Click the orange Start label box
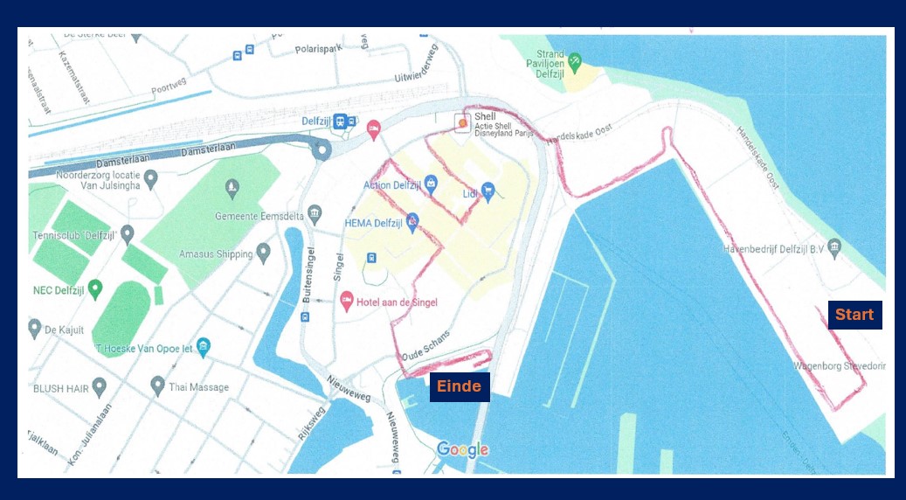[854, 315]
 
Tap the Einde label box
[459, 386]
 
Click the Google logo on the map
[462, 450]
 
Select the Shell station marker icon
[462, 123]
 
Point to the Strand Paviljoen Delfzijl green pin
[574, 62]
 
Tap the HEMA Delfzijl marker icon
[412, 222]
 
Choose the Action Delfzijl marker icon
[431, 184]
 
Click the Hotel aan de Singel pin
[346, 302]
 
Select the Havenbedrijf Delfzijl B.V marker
[834, 248]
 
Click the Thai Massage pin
[157, 385]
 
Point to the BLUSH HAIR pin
[99, 385]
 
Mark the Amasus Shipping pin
[263, 253]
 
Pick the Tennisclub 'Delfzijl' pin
[128, 234]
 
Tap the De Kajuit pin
[35, 329]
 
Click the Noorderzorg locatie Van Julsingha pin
[150, 179]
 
